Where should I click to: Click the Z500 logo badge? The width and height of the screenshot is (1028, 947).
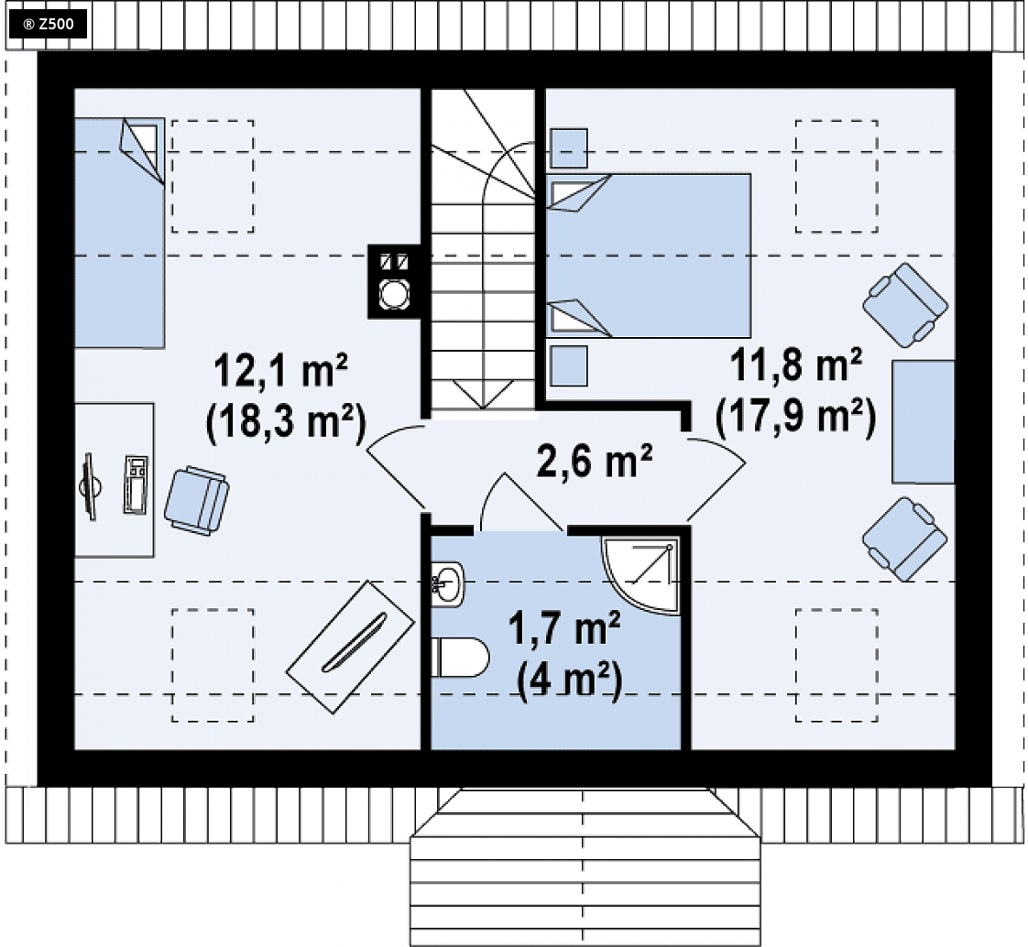coord(48,25)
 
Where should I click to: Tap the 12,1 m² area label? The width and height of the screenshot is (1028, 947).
coord(280,371)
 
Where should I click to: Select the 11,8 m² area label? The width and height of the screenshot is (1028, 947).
coord(796,365)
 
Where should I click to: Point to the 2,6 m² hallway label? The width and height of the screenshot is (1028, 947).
coord(594,460)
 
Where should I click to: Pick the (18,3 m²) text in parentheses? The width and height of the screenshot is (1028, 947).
coord(286,422)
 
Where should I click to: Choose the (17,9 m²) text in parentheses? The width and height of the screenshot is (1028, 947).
coord(796,416)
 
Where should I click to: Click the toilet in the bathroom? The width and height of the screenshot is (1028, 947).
coord(460,658)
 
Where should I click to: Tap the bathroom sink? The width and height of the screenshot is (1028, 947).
coord(448,584)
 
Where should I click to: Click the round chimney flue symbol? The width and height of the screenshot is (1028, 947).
coord(394,294)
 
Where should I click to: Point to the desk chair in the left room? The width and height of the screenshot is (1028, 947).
coord(196,501)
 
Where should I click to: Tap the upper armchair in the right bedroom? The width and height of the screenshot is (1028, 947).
coord(905,305)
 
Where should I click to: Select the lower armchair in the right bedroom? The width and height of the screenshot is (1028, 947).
coord(904,539)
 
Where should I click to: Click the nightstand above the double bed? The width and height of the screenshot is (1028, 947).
coord(568,148)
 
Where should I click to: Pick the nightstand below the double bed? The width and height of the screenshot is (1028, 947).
coord(568,365)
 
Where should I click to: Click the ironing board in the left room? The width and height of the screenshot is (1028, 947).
coord(350,647)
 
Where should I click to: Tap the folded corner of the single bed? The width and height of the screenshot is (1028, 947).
coord(140,151)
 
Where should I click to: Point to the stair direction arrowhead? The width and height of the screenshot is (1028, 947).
coord(483,395)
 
